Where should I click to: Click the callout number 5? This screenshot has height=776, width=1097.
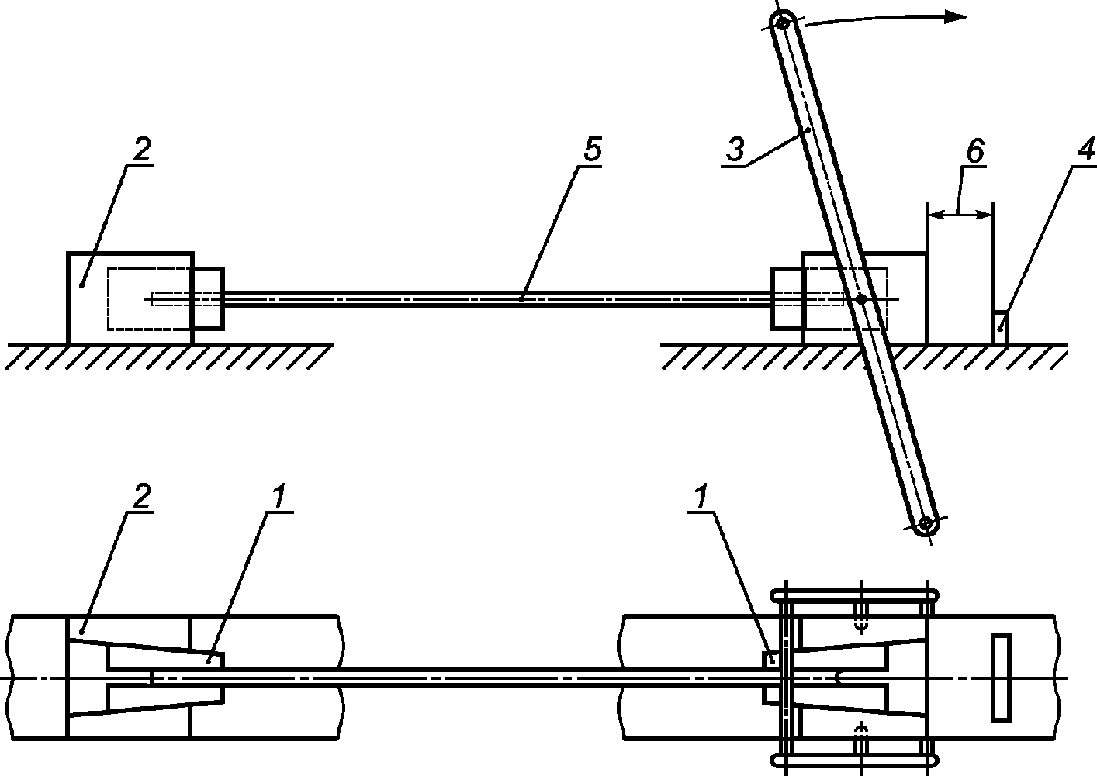(x=593, y=149)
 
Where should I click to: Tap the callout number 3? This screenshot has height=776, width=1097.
(x=735, y=149)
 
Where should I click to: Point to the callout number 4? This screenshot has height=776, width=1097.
(x=1087, y=149)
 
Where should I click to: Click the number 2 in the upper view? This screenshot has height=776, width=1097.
(x=141, y=149)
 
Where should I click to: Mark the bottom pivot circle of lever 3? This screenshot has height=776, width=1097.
(x=925, y=525)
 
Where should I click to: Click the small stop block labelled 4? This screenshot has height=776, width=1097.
(x=999, y=327)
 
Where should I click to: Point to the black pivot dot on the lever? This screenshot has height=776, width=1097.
(x=861, y=298)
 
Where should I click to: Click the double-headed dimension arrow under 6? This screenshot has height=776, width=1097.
(x=960, y=214)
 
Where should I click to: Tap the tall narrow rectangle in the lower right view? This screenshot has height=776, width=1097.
(x=1001, y=678)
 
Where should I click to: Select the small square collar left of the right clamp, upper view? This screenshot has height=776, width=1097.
(x=787, y=298)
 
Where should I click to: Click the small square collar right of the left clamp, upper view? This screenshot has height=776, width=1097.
(x=208, y=298)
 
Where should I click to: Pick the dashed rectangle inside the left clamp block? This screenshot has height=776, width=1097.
(x=148, y=298)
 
